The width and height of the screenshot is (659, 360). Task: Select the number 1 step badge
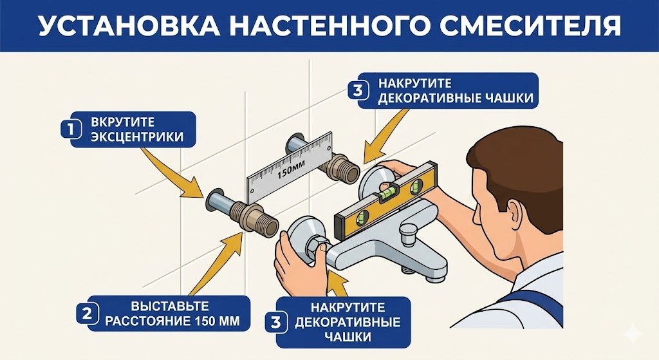click(70, 129)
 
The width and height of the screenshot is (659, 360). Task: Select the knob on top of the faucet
click(409, 231)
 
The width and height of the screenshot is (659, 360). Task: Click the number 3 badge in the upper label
click(358, 90)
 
